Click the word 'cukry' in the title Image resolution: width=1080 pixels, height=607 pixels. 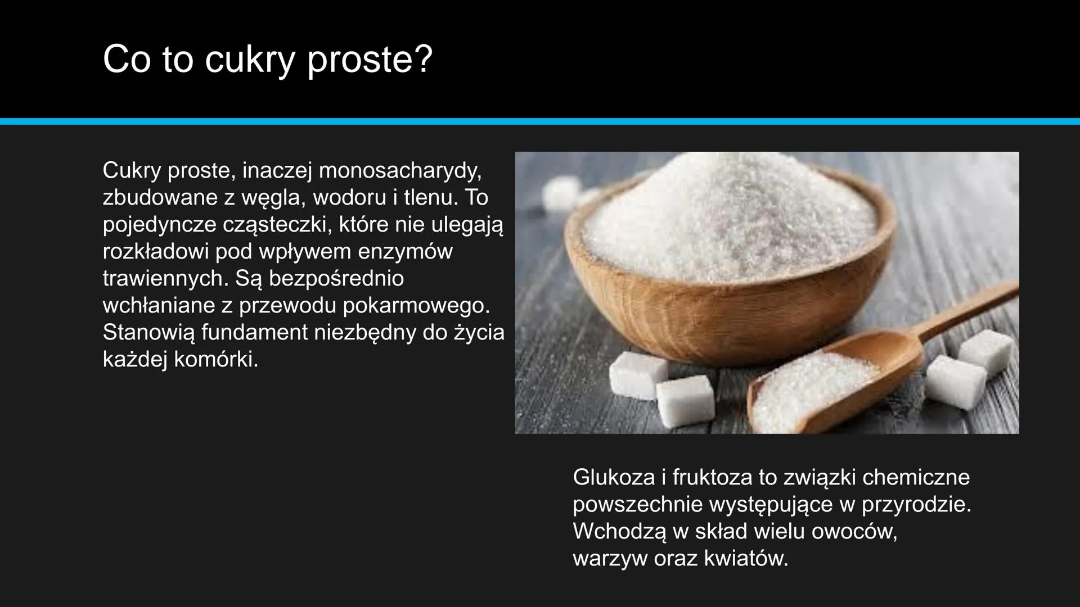pos(249,60)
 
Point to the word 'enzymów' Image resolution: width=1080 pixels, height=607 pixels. pos(405,251)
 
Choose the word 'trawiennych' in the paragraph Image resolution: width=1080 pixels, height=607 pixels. pos(165,278)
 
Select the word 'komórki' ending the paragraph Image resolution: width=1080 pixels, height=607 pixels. pos(215,360)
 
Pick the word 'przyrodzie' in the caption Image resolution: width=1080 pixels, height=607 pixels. pos(916,504)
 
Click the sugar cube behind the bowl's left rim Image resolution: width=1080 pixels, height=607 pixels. pos(561,193)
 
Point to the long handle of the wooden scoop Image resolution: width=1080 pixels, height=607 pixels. pos(967,306)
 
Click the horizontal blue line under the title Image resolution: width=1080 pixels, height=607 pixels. pos(540,121)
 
